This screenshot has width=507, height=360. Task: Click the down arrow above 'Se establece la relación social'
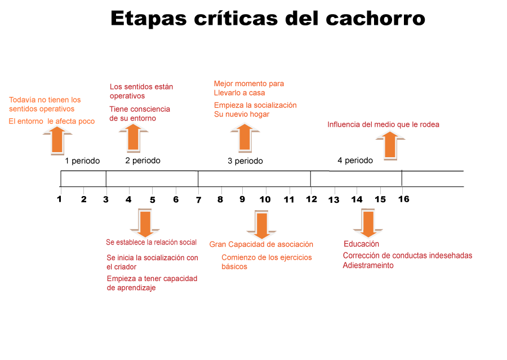coord(145,223)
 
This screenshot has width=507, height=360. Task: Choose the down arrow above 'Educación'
coord(368,224)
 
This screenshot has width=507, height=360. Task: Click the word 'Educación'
coord(361,244)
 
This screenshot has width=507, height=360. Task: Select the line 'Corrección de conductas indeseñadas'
coord(407,255)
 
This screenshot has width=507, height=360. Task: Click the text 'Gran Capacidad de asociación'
coord(261,245)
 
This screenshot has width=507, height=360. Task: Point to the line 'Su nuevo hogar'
coord(242,114)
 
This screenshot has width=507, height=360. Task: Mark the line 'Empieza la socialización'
coord(255,105)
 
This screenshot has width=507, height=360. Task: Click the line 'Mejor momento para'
coord(248,83)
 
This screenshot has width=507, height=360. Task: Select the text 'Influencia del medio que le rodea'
coord(383,125)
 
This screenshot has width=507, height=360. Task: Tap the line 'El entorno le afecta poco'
coord(52,121)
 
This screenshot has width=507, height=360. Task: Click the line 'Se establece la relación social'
coord(152,242)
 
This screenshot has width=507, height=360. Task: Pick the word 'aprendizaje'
coord(131,288)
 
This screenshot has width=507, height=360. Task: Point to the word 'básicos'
coord(234,266)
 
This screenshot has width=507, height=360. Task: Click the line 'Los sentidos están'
coord(141,87)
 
